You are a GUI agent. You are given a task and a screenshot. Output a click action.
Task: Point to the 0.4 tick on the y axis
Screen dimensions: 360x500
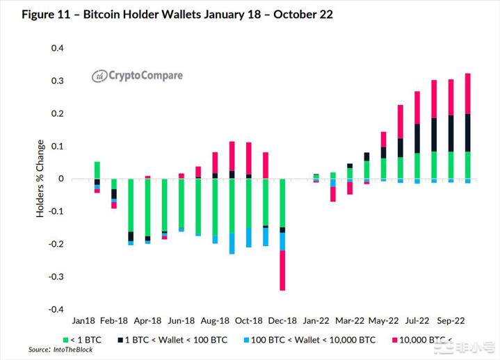pos(56,49)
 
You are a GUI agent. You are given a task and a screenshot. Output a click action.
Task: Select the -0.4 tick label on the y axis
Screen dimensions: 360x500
pos(55,310)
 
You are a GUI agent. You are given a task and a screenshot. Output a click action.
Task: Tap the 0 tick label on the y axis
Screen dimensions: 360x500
pos(61,179)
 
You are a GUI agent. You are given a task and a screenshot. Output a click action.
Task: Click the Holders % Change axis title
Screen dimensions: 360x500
pos(40,179)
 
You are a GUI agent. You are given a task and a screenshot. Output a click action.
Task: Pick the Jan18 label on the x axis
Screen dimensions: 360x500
pos(83,321)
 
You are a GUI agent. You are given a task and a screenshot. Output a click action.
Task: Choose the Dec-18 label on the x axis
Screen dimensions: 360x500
pos(282,321)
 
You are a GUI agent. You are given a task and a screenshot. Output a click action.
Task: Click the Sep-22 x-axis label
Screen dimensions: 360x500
pos(451,321)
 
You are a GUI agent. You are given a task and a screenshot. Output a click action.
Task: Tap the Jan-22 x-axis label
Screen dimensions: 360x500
pos(316,321)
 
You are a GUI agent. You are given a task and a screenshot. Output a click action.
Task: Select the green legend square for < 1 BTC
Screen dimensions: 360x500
pos(66,340)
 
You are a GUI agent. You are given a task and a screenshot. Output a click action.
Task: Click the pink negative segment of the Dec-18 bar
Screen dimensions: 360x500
pos(282,270)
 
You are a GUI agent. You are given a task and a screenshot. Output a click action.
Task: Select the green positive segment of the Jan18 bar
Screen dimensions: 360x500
pos(97,170)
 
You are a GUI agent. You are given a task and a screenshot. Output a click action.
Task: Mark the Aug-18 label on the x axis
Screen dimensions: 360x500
pos(215,321)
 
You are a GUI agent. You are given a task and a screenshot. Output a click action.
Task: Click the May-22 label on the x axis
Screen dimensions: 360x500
pos(383,321)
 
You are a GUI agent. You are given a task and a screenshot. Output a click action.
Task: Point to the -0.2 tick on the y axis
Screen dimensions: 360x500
pos(55,245)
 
